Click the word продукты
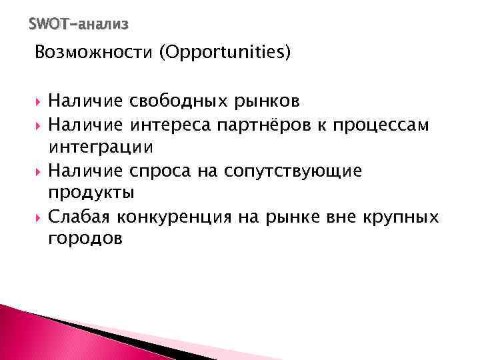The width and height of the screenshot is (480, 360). (91, 193)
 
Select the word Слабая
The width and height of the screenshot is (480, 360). (79, 217)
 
